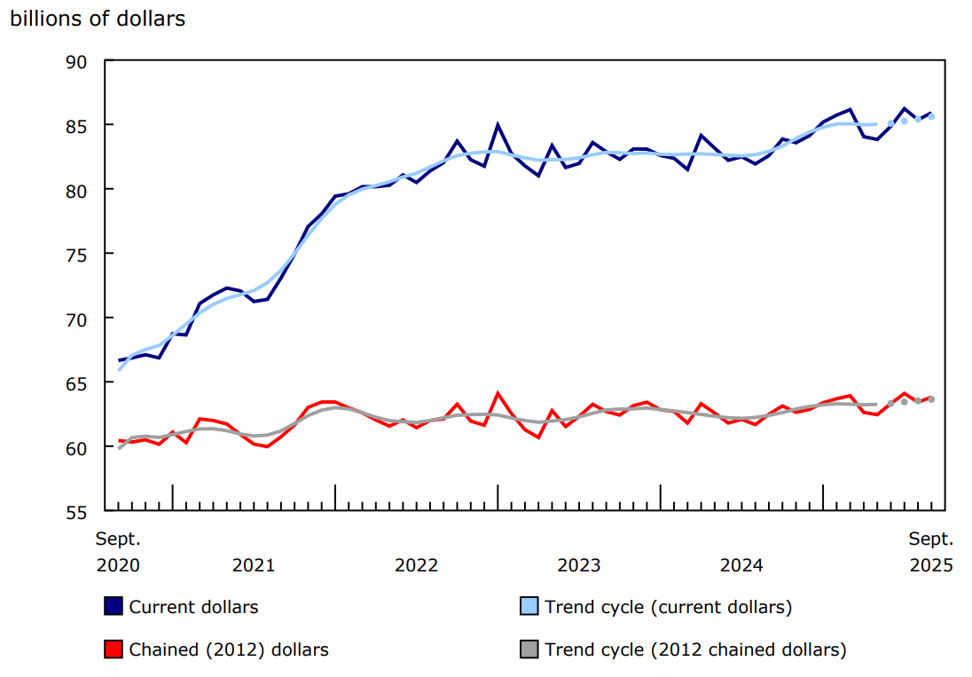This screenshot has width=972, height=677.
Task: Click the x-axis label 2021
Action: tap(254, 565)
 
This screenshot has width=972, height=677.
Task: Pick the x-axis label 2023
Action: tap(579, 565)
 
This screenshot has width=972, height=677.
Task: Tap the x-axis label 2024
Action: tap(741, 565)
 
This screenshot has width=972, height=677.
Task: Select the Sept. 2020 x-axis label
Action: tap(118, 552)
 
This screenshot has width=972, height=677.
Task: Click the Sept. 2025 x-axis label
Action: tap(930, 552)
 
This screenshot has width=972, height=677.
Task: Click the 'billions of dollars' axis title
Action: tap(98, 19)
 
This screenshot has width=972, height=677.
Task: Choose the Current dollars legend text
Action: tap(193, 607)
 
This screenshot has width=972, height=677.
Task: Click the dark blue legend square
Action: tap(113, 606)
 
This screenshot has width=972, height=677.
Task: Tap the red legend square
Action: tap(113, 649)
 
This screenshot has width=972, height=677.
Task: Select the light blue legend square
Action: tap(529, 606)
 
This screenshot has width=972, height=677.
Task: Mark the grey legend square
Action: tap(529, 649)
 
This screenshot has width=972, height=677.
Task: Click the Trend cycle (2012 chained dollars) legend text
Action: tap(695, 649)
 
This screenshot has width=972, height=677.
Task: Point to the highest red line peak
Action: tap(498, 393)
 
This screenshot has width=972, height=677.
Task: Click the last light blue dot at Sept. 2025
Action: tap(931, 116)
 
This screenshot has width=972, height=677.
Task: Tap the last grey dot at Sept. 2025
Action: tap(931, 399)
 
